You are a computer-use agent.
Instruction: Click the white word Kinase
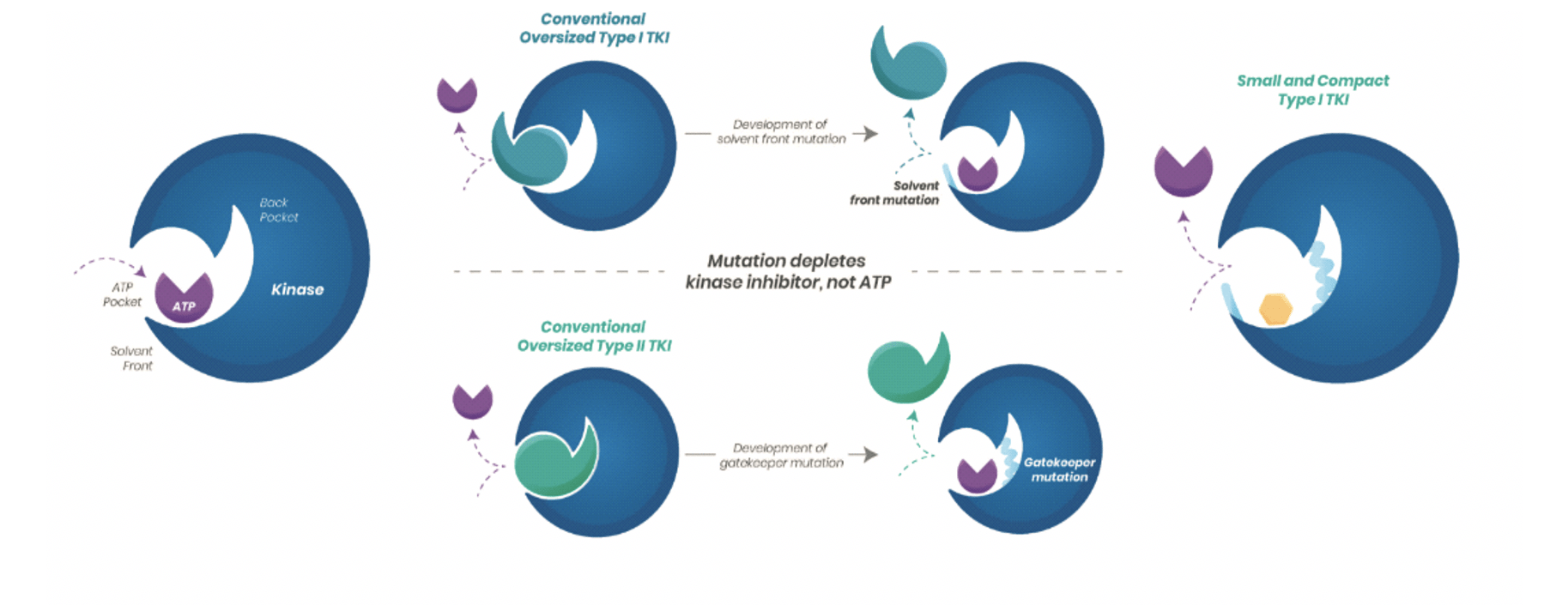tap(297, 290)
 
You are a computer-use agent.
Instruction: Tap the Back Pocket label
tap(279, 210)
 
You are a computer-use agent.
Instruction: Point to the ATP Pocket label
tap(122, 294)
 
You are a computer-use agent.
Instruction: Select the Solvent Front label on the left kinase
tap(131, 359)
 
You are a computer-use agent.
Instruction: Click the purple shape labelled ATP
tap(184, 298)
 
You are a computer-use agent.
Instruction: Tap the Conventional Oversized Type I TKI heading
tap(594, 28)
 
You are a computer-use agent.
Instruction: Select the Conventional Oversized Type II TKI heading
tap(594, 336)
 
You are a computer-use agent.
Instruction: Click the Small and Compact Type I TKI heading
tap(1312, 90)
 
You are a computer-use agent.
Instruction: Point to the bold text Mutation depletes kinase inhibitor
tap(788, 271)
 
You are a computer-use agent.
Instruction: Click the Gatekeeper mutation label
tap(1059, 469)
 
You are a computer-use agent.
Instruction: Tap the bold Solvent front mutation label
tap(894, 193)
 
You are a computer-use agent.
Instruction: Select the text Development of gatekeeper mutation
tap(781, 456)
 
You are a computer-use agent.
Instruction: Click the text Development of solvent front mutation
tap(781, 131)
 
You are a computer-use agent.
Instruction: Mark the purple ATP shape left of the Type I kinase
tap(457, 94)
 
